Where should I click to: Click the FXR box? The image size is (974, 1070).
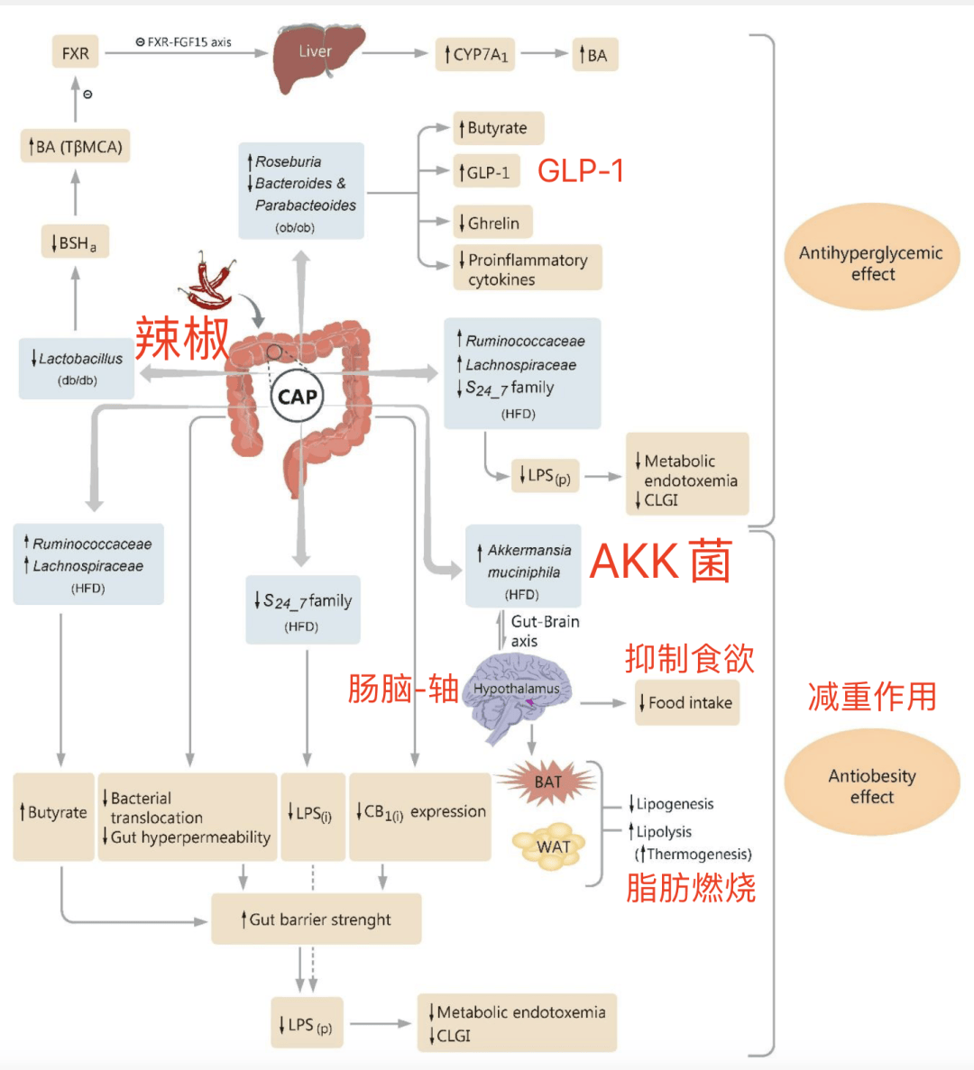(x=75, y=53)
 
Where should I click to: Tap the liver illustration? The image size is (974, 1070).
(x=318, y=56)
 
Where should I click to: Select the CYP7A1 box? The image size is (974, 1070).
(x=475, y=55)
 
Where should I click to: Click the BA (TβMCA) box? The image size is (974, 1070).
(x=76, y=146)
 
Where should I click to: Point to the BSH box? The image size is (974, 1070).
(x=76, y=242)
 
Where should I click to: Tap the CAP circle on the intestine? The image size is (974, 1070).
(x=298, y=397)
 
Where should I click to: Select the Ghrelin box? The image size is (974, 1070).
(x=492, y=223)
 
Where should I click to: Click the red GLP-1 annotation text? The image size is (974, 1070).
(x=581, y=170)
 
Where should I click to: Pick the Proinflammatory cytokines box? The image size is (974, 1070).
(x=528, y=269)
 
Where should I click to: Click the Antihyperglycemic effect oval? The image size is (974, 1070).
(x=871, y=258)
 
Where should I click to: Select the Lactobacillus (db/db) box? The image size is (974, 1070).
(x=77, y=368)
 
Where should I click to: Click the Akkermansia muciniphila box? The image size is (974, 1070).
(x=524, y=566)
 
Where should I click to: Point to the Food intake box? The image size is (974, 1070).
(x=687, y=703)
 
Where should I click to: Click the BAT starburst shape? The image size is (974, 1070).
(x=547, y=782)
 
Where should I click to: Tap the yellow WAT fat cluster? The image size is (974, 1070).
(x=551, y=846)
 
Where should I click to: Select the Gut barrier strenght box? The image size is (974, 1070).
(x=317, y=919)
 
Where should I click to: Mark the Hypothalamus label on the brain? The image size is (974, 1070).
(x=516, y=689)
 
